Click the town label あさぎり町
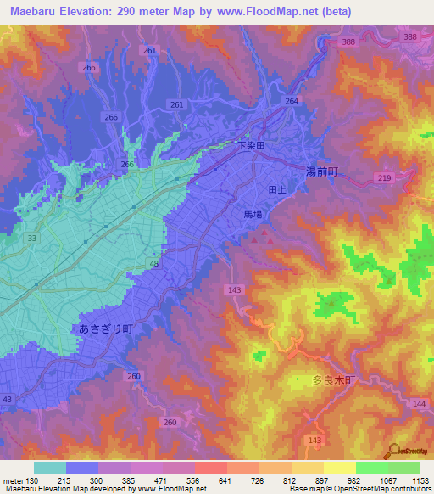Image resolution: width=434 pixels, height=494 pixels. pyautogui.click(x=106, y=328)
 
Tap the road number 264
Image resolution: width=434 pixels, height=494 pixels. pyautogui.click(x=292, y=101)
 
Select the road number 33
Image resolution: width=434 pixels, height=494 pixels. pyautogui.click(x=31, y=239)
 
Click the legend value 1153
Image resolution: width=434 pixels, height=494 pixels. pyautogui.click(x=421, y=480)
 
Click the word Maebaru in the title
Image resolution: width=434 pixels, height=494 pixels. pyautogui.click(x=33, y=12)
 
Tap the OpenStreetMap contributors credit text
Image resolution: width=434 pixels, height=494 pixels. pyautogui.click(x=380, y=489)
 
